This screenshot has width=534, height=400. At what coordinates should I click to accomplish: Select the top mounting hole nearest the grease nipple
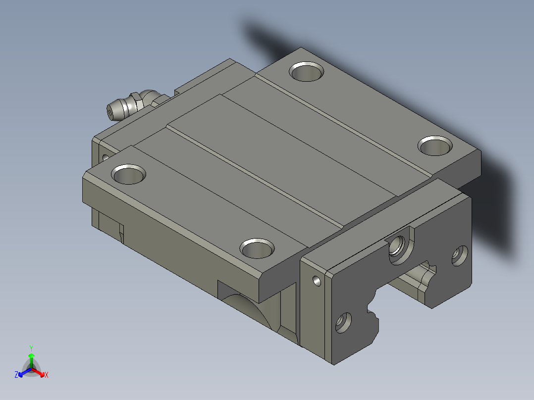point(129,174)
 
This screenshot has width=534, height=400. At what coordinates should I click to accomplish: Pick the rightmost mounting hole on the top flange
point(435,146)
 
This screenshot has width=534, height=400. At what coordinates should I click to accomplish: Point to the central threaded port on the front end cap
point(398,245)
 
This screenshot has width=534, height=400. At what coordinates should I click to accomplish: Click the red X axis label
point(47,375)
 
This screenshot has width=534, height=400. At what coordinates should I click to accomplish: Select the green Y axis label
point(31,348)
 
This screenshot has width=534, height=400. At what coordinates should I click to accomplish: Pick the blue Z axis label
point(16,375)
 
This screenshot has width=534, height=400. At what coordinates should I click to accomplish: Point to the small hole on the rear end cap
point(105,157)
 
